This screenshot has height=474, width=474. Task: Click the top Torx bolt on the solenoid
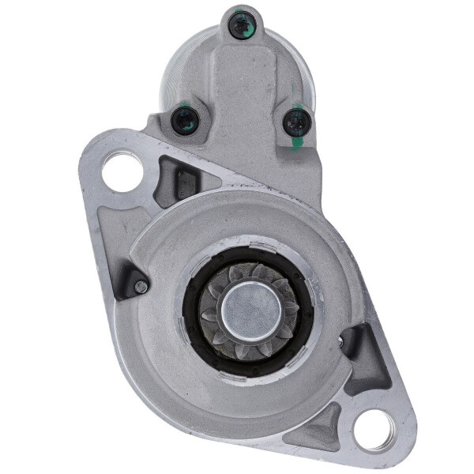[x=239, y=25]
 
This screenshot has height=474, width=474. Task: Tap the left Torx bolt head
[x=186, y=120]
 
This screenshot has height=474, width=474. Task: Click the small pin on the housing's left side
[x=141, y=287]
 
